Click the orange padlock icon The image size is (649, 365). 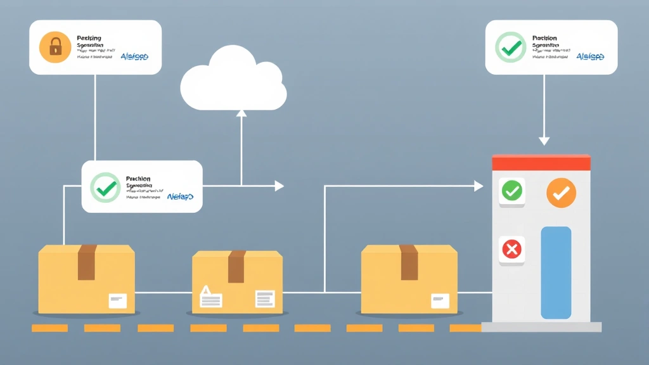coord(55,48)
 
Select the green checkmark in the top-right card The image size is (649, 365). coord(510,48)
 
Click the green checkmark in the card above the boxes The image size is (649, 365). coord(105,187)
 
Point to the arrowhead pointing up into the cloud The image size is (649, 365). coord(241,114)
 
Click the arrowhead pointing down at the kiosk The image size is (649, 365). coord(544,141)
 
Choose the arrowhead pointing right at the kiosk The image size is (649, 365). coord(479,186)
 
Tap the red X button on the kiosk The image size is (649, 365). coord(511,250)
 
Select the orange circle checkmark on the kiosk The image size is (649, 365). coord(561,193)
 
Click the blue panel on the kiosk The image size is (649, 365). coord(556,272)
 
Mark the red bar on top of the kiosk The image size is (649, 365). coord(541,163)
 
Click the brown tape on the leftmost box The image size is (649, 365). coord(87,262)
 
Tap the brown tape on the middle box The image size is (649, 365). coord(236,267)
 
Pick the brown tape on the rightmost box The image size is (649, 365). coord(409,262)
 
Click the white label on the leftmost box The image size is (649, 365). coord(118,301)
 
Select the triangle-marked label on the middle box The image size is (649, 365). coord(210,297)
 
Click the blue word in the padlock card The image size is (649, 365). coord(134,57)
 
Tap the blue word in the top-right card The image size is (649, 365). coord(590,57)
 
